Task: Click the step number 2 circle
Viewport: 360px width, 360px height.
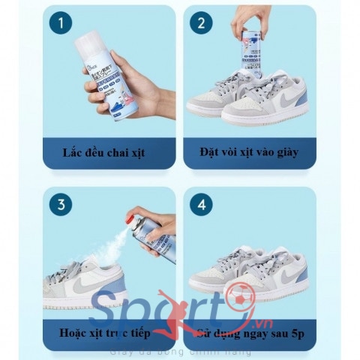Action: click(x=201, y=23)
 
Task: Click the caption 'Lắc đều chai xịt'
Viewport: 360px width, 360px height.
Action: click(x=104, y=153)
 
